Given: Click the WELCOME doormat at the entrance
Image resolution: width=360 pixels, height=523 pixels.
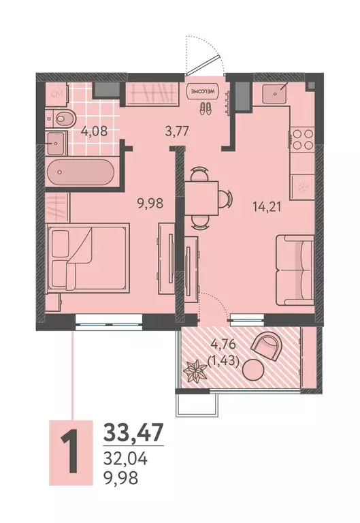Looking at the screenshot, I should pyautogui.click(x=203, y=91).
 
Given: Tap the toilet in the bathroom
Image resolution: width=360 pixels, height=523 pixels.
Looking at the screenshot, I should pyautogui.click(x=59, y=118).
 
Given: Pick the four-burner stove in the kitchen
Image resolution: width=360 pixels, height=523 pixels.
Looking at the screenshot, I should pyautogui.click(x=301, y=140).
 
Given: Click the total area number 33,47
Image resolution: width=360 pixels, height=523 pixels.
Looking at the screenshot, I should pyautogui.click(x=134, y=432).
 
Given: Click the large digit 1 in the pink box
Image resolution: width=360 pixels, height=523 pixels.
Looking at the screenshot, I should pyautogui.click(x=68, y=451).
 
